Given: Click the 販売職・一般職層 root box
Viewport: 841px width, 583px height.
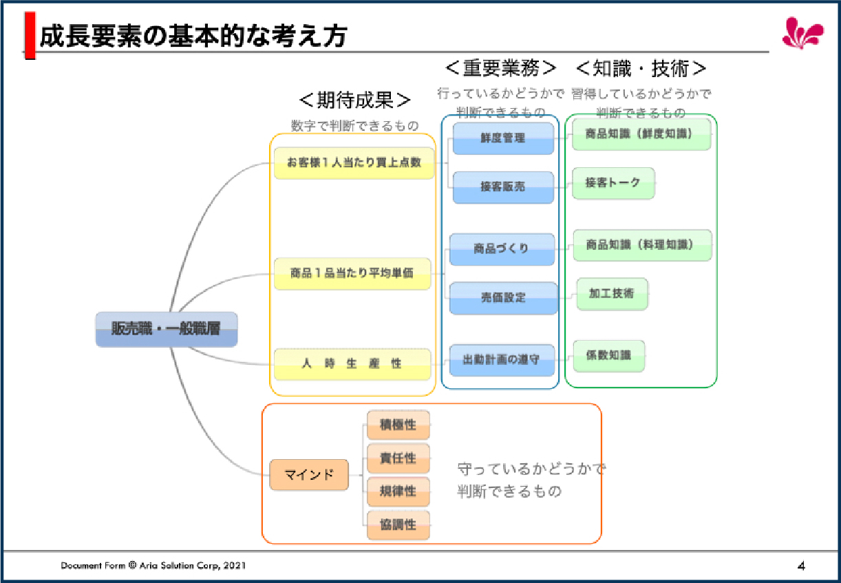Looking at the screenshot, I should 166,329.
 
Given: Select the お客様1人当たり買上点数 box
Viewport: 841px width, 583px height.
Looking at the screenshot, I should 354,163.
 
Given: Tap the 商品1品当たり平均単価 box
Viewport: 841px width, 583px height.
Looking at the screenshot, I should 352,273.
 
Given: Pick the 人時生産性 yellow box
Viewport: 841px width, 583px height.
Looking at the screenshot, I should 352,363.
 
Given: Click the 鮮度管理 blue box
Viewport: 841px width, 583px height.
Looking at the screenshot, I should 503,138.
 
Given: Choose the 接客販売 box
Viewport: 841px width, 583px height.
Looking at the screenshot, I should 503,187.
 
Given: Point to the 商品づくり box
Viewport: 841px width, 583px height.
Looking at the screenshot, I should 502,249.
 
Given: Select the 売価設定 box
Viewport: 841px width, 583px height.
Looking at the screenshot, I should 503,298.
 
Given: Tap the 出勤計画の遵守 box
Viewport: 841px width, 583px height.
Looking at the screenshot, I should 502,360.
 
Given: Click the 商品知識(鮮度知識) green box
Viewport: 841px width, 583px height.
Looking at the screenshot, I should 641,134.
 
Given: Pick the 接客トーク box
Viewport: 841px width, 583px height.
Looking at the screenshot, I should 613,183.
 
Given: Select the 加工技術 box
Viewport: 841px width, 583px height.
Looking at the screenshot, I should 611,294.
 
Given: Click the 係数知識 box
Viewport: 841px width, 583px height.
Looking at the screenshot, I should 609,356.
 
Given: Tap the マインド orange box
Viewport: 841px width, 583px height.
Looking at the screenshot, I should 309,474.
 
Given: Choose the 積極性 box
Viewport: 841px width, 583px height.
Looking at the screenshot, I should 398,425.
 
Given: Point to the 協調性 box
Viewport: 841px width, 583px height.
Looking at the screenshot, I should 398,524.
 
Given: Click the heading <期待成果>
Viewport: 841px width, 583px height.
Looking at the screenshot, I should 355,100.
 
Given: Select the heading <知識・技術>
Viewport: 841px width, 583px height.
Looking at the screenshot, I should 641,69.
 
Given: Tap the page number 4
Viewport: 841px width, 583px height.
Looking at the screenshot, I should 801,566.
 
